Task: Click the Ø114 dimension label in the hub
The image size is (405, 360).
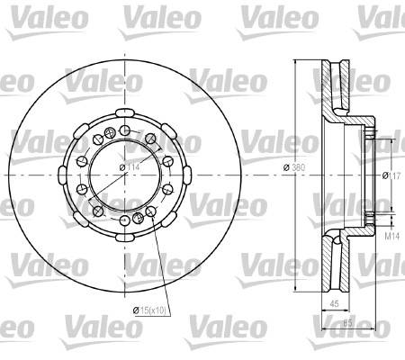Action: click(130, 167)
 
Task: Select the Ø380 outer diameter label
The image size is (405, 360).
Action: click(294, 167)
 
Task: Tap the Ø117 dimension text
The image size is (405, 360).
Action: click(391, 175)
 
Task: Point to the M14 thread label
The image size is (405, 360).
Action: click(392, 236)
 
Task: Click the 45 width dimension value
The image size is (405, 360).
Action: click(334, 303)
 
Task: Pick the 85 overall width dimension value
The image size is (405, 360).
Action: click(347, 323)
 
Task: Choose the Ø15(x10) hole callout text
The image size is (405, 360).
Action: click(149, 310)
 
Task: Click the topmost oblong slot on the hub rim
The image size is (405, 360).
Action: click(124, 112)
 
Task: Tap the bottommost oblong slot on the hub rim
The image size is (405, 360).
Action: click(124, 238)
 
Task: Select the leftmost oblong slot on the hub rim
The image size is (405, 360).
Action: click(62, 175)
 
